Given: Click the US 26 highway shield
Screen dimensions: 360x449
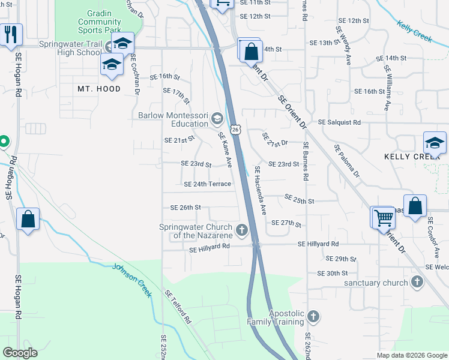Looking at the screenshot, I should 236,130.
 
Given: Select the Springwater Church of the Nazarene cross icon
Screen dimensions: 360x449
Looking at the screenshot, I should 241,230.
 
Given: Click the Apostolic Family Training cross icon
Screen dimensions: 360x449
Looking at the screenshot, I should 312,316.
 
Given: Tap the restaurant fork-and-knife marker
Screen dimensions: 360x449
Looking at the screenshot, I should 11,35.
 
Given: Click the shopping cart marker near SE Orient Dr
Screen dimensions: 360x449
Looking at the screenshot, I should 382,218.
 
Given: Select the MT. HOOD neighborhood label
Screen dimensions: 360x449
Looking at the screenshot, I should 99,89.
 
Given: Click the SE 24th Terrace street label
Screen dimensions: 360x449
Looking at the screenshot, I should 207,184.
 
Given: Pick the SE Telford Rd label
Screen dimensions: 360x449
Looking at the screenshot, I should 178,307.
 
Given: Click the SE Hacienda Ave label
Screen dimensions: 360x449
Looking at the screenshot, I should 261,190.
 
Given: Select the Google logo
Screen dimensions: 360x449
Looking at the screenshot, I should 20,353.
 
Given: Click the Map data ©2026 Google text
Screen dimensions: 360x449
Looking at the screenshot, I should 412,355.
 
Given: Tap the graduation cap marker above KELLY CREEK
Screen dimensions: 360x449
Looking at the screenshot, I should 435,143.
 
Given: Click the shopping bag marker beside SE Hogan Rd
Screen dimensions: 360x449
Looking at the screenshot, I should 28,218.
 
